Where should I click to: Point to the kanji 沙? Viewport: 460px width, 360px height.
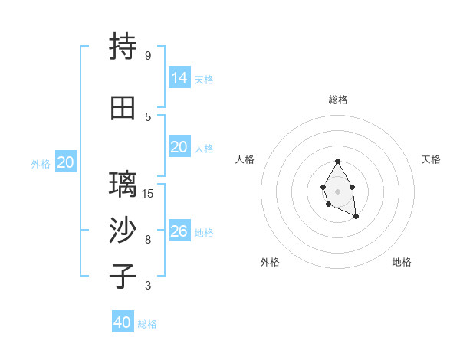(x=123, y=231)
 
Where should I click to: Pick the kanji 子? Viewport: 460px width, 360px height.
(x=123, y=276)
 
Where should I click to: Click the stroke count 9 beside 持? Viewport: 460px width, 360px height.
(x=147, y=56)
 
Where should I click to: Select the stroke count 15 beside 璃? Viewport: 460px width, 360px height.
(x=149, y=193)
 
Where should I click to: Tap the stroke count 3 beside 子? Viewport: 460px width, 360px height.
(x=147, y=286)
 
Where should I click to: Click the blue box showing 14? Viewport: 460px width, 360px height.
(x=179, y=77)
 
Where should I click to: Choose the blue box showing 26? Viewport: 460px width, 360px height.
(x=179, y=231)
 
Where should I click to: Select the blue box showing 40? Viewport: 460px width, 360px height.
(x=123, y=322)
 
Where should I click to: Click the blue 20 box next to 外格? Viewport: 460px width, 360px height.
(x=66, y=162)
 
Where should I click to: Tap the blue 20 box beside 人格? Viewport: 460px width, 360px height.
(x=179, y=146)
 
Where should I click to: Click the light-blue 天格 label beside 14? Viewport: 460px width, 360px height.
(x=204, y=80)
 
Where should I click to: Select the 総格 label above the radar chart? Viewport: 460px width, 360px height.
(x=337, y=100)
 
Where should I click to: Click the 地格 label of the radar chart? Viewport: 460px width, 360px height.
(x=402, y=262)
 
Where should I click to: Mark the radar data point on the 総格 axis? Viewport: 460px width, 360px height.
(x=337, y=162)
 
